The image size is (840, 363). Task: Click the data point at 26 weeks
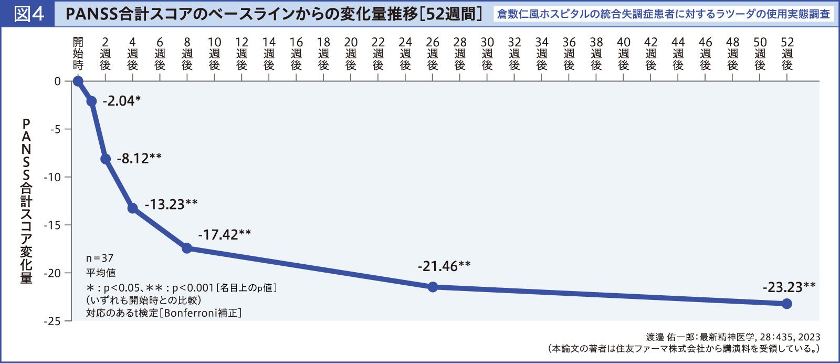click(x=433, y=287)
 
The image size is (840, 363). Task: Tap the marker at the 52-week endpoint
click(x=786, y=304)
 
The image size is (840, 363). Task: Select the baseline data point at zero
click(x=78, y=81)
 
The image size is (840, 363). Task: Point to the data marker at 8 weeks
click(x=187, y=248)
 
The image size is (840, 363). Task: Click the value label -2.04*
click(x=122, y=101)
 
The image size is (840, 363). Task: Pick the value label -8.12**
click(x=139, y=158)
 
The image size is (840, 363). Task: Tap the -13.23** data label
click(x=171, y=204)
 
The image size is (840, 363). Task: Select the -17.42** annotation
click(x=225, y=234)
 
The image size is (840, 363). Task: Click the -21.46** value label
click(x=444, y=266)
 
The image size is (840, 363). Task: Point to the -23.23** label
click(x=789, y=287)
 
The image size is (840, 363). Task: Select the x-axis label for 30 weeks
click(x=487, y=54)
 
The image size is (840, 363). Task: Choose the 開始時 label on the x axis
click(x=78, y=54)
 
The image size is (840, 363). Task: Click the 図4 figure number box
click(x=28, y=14)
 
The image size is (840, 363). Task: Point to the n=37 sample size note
click(x=100, y=258)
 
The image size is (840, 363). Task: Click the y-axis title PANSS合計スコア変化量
click(x=26, y=201)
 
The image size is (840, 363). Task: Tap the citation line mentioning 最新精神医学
click(x=733, y=337)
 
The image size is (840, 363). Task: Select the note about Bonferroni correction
click(x=164, y=313)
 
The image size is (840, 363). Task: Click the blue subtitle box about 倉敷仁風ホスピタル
click(x=664, y=14)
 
